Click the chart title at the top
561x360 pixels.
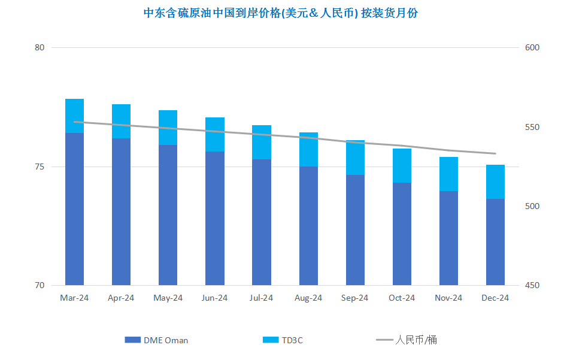[280, 13]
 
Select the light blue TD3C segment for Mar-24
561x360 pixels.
[74, 116]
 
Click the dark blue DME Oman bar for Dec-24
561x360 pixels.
[495, 242]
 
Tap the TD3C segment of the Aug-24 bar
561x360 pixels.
[308, 150]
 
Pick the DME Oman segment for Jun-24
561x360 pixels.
[215, 218]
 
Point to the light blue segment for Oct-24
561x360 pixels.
[402, 166]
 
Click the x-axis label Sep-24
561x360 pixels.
[354, 298]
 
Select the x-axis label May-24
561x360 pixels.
[168, 298]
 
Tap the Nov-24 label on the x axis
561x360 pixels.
[448, 298]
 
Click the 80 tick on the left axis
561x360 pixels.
[40, 47]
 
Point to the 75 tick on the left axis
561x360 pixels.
[40, 167]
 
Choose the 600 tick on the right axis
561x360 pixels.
[532, 47]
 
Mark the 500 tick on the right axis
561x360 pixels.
[532, 206]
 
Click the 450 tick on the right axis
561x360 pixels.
[532, 285]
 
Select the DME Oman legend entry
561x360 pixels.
[156, 340]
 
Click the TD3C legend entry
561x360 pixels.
[283, 340]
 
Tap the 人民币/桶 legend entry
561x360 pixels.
[407, 340]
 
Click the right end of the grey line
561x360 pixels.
[496, 153]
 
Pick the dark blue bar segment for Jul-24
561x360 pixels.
[262, 222]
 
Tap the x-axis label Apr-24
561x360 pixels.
[121, 298]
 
